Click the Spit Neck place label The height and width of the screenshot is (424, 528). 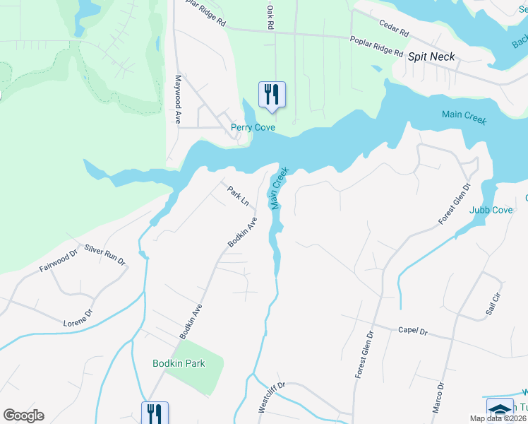tap(432, 57)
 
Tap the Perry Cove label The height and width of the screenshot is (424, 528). tap(253, 128)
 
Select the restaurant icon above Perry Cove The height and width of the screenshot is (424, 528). tap(272, 95)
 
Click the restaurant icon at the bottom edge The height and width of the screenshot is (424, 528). tap(154, 413)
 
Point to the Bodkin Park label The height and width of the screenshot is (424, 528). tap(179, 363)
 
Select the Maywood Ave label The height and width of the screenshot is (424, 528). tap(179, 100)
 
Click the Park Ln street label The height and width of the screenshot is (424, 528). tap(238, 196)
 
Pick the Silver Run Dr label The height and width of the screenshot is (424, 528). tap(104, 254)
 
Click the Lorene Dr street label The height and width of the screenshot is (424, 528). tap(78, 318)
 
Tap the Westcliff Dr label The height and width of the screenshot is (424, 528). tap(271, 398)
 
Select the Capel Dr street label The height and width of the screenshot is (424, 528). tap(413, 330)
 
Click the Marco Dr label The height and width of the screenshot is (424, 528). tap(440, 398)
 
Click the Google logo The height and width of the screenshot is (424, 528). tap(23, 416)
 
